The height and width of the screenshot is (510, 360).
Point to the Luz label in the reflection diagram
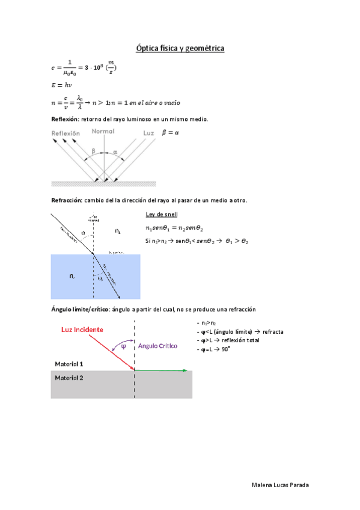click(149, 132)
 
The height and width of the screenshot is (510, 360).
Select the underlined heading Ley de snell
click(161, 215)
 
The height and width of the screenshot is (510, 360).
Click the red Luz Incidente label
click(82, 330)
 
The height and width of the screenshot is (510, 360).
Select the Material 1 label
click(69, 364)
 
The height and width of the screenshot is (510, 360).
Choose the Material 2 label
click(69, 378)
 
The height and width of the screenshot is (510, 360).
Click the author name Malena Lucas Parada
click(281, 485)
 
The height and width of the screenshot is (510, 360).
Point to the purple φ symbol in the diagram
click(123, 346)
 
